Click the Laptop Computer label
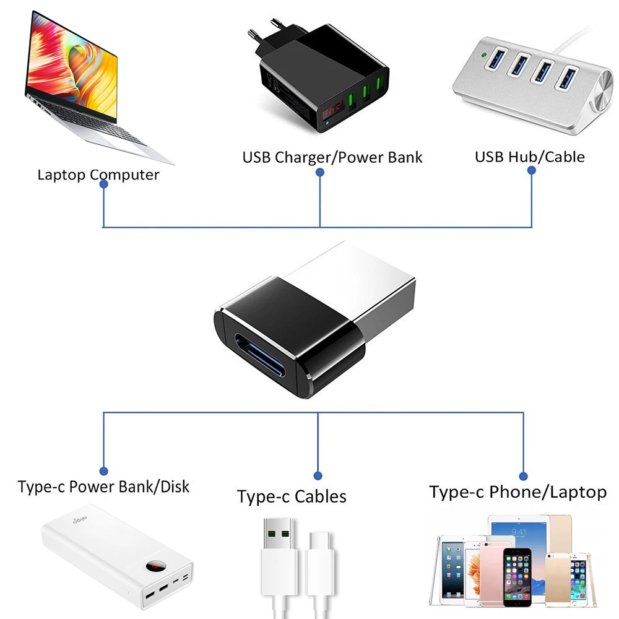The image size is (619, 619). click(98, 175)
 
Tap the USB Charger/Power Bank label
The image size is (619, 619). click(332, 157)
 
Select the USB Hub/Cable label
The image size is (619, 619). click(529, 157)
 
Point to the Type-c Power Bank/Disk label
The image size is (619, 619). click(103, 487)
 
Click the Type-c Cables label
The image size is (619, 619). click(292, 496)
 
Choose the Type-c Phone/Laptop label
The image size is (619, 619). click(517, 492)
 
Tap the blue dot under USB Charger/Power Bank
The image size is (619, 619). click(320, 173)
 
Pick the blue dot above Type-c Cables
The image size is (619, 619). click(318, 476)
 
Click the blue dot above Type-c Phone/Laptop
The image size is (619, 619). click(524, 476)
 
